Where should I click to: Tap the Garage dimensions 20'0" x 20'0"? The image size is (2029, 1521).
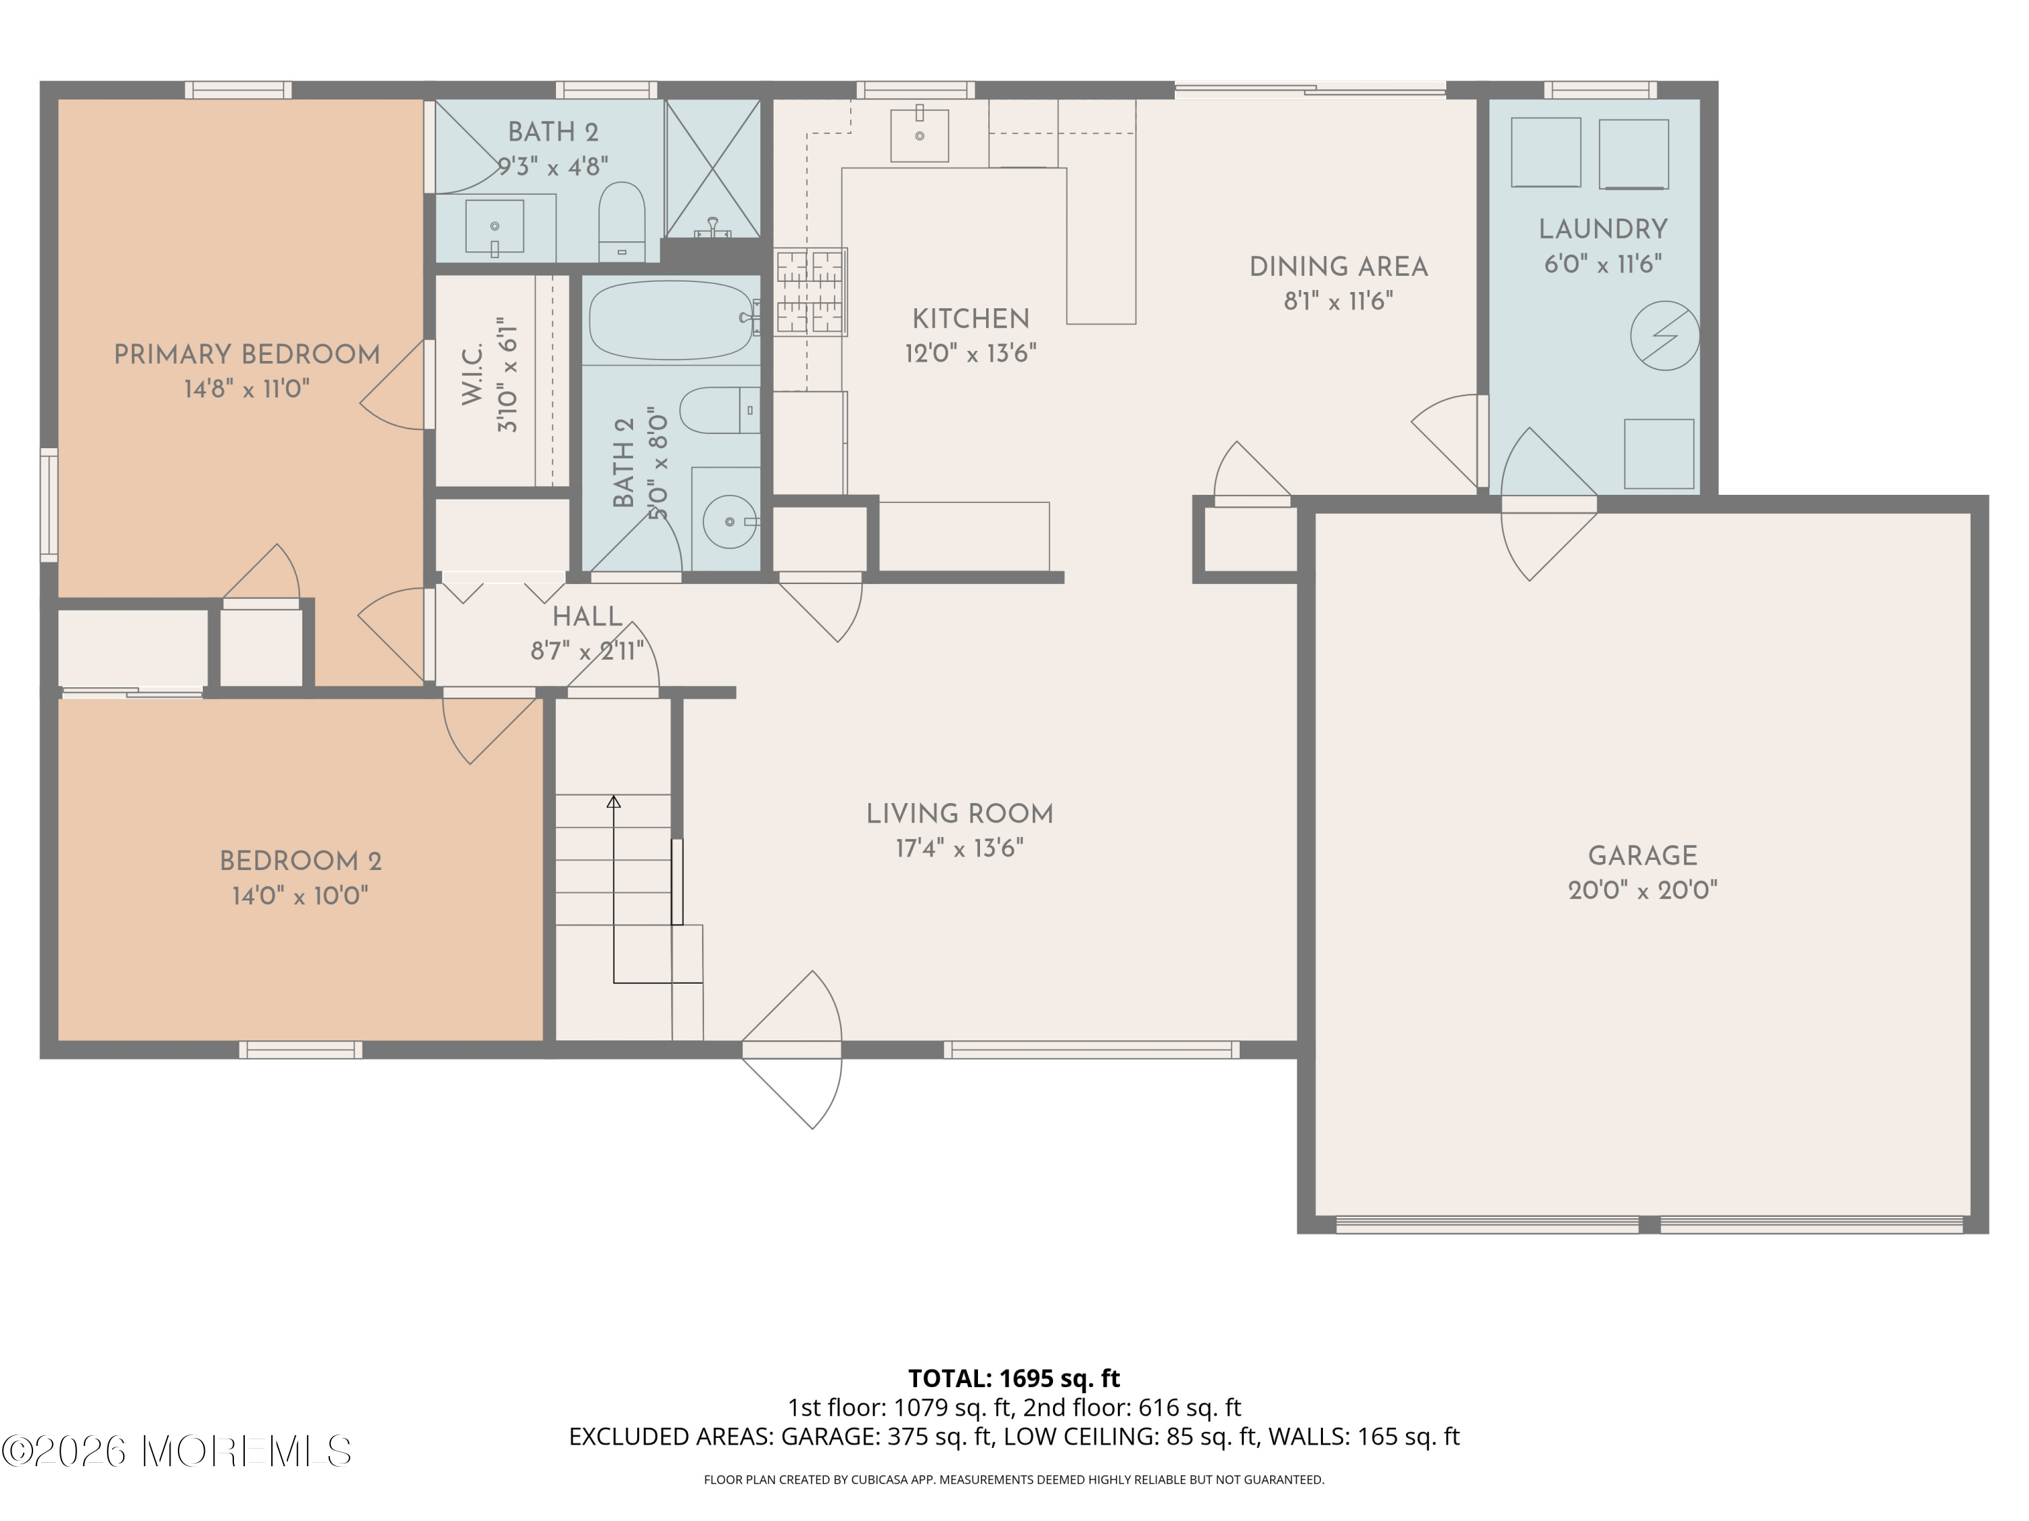[x=1642, y=890]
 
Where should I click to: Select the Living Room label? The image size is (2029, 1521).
[x=960, y=814]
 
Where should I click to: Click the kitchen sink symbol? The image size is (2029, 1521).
[x=919, y=135]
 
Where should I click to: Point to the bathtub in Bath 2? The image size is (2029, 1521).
[x=672, y=319]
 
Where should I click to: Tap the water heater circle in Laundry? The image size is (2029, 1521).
[x=1664, y=337]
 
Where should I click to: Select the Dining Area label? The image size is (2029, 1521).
[x=1338, y=267]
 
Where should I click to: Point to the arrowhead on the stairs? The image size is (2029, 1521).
[x=613, y=802]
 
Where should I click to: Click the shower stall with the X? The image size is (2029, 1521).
[x=712, y=168]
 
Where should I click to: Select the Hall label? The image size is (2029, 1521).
[x=587, y=616]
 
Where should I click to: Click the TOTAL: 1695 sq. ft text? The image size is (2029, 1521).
[x=1014, y=1378]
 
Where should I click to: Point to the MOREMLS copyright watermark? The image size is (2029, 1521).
[x=176, y=1451]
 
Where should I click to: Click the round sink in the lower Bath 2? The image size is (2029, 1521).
[x=729, y=522]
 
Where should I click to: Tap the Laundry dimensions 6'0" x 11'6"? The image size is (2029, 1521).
[x=1602, y=265]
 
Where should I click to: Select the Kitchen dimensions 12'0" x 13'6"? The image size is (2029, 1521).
[x=971, y=354]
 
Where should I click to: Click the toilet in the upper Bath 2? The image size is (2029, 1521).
[x=621, y=220]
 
